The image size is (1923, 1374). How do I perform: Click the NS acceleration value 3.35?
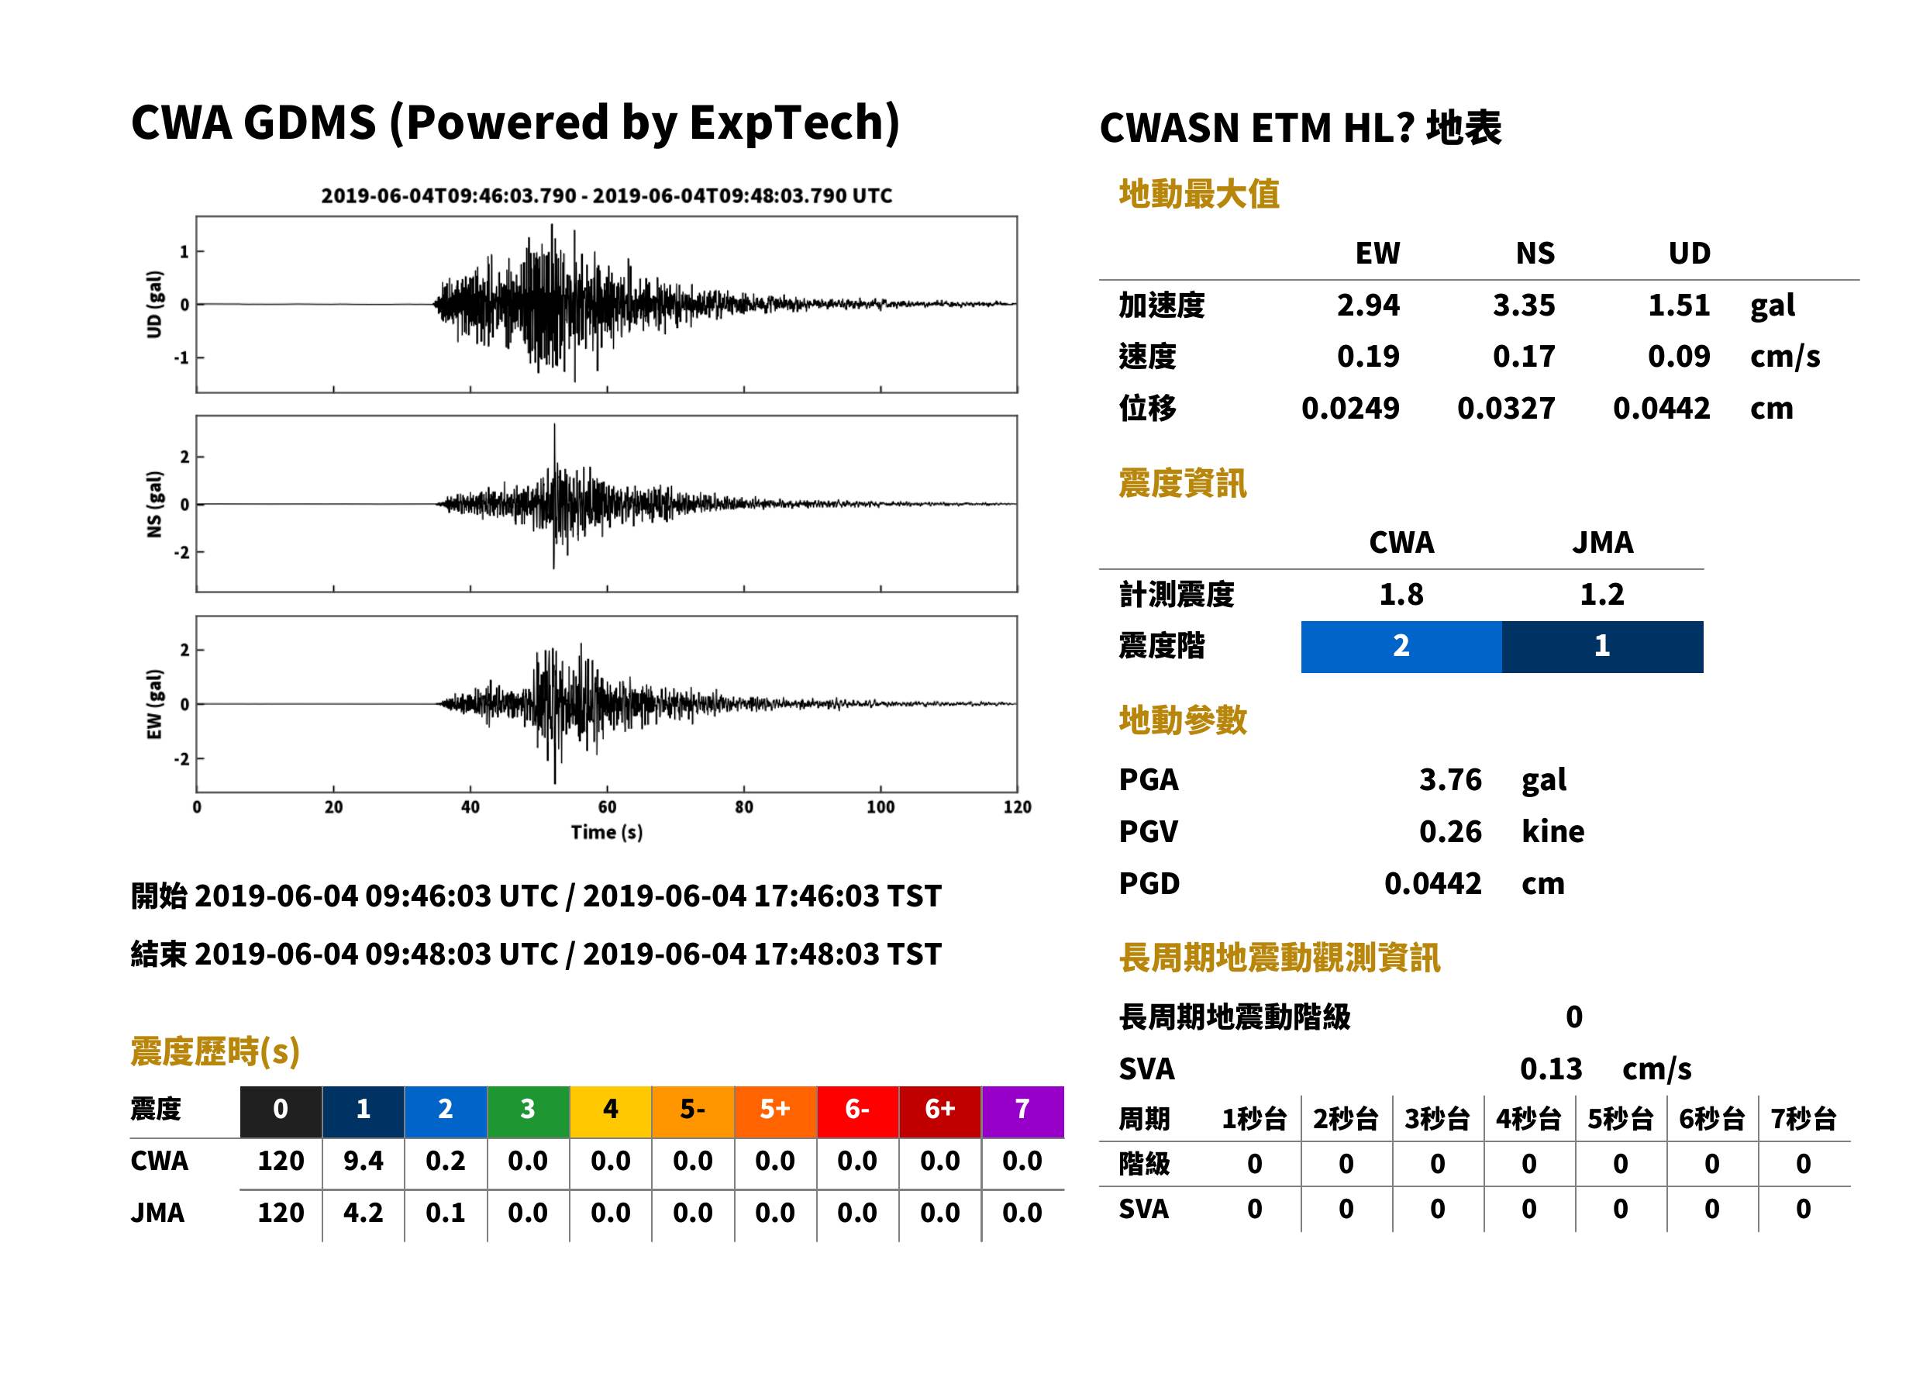click(x=1523, y=305)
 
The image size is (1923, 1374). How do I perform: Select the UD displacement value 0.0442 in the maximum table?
click(x=1661, y=408)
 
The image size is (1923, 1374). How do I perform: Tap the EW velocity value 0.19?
click(x=1367, y=356)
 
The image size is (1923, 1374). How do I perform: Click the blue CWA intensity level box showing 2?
click(x=1401, y=647)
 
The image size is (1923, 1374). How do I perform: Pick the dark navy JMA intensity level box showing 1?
click(x=1603, y=647)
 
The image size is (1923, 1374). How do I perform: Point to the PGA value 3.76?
click(x=1450, y=779)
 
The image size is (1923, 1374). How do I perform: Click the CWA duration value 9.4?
click(x=363, y=1161)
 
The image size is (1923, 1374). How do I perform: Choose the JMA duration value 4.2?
click(x=363, y=1213)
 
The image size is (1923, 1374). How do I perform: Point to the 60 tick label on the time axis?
click(x=607, y=807)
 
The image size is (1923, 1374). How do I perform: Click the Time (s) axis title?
click(x=606, y=833)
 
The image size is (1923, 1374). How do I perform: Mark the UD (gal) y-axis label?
click(x=154, y=305)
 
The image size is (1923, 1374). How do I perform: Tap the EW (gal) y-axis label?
click(x=154, y=704)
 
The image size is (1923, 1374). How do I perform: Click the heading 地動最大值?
click(x=1199, y=194)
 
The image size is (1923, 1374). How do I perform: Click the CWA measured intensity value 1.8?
click(x=1401, y=594)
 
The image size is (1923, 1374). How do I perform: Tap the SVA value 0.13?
click(x=1551, y=1068)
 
